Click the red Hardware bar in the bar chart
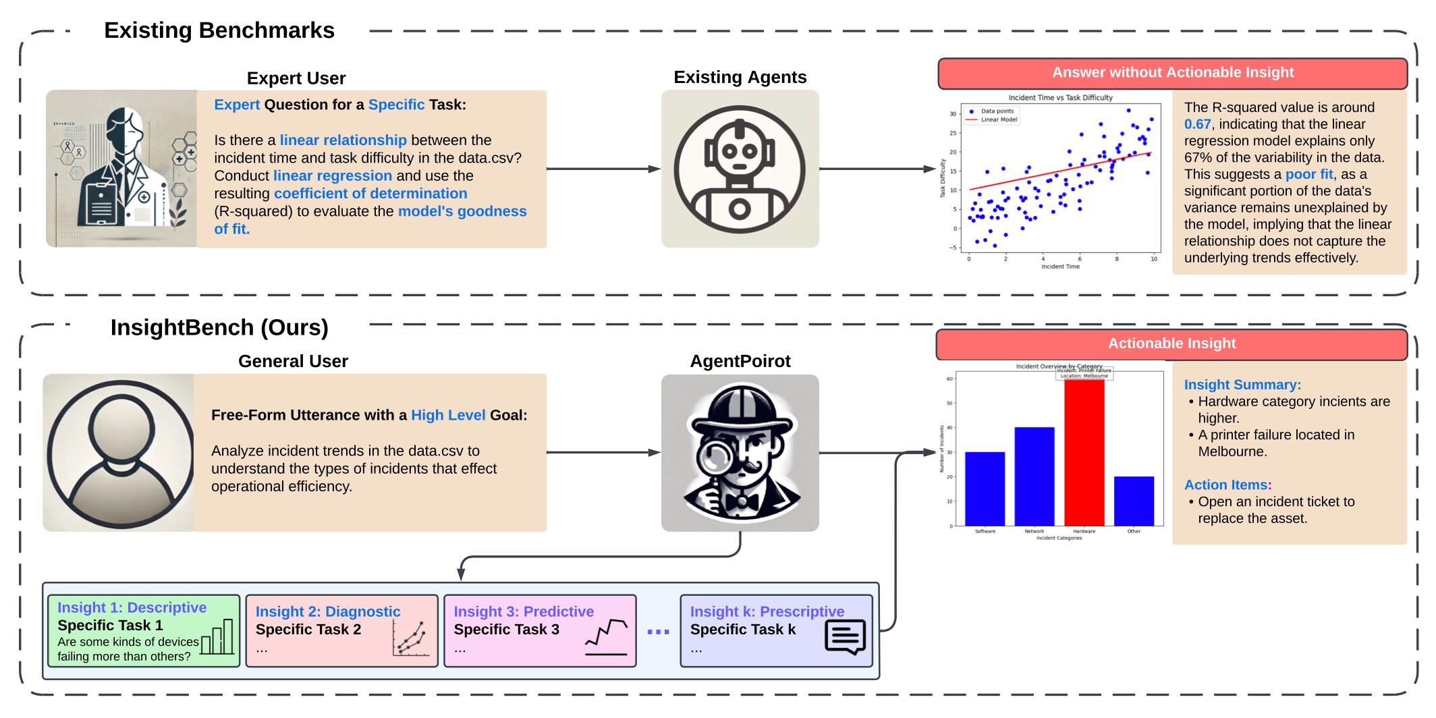pyautogui.click(x=1084, y=452)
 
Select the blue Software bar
pyautogui.click(x=985, y=489)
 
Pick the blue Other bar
pyautogui.click(x=1134, y=501)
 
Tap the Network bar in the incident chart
pyautogui.click(x=1034, y=476)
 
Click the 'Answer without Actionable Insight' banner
pyautogui.click(x=1172, y=73)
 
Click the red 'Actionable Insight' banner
pyautogui.click(x=1171, y=343)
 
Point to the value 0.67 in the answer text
pyautogui.click(x=1197, y=124)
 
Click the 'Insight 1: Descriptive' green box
pyautogui.click(x=144, y=631)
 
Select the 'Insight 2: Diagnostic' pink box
pyautogui.click(x=341, y=631)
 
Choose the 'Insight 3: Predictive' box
pyautogui.click(x=540, y=631)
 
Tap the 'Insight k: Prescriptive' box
pyautogui.click(x=776, y=631)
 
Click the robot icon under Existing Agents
pyautogui.click(x=740, y=169)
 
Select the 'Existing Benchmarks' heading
pyautogui.click(x=219, y=30)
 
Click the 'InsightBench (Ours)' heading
pyautogui.click(x=219, y=327)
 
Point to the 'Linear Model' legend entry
pyautogui.click(x=999, y=119)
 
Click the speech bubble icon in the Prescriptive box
pyautogui.click(x=845, y=636)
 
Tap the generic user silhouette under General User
pyautogui.click(x=119, y=453)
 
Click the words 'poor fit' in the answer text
pyautogui.click(x=1308, y=174)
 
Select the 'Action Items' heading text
pyautogui.click(x=1226, y=485)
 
